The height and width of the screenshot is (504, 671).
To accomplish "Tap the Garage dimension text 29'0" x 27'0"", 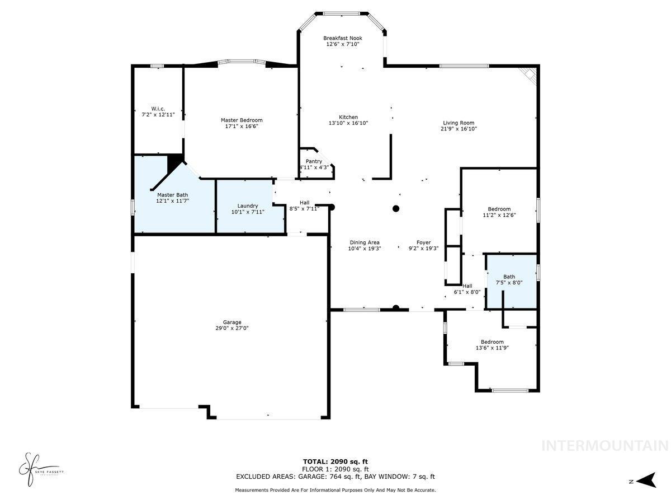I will click(232, 329).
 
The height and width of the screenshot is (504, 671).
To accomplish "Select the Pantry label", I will click(313, 161).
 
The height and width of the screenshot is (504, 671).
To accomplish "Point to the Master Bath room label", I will click(173, 194).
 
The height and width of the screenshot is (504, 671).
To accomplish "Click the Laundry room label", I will click(247, 206).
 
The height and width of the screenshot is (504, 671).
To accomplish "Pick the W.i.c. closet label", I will click(158, 108).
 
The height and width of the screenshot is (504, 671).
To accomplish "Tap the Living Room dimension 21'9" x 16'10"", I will click(459, 129).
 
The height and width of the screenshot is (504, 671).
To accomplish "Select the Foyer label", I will click(423, 242).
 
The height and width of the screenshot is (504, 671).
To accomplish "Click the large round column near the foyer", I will click(396, 209).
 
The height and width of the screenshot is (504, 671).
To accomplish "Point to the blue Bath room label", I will click(509, 277).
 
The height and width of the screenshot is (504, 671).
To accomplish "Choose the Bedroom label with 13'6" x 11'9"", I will click(492, 342).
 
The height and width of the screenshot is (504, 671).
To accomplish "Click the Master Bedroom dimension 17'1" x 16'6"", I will click(242, 127).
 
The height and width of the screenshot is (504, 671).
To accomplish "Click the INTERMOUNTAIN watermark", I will click(605, 446).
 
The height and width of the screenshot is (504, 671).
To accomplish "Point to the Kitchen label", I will click(348, 117).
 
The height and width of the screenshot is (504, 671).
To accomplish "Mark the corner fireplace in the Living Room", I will click(528, 74).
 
